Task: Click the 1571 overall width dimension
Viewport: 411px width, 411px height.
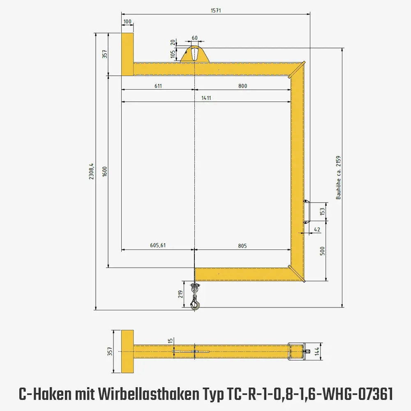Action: click(216, 11)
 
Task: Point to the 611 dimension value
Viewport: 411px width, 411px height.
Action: click(158, 86)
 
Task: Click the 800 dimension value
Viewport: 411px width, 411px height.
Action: click(242, 86)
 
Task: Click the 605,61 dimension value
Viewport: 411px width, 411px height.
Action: click(158, 246)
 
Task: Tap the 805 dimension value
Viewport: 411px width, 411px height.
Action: click(242, 246)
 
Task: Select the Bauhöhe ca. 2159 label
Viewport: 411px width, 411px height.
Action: click(339, 177)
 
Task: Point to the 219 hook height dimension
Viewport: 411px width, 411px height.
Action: click(180, 294)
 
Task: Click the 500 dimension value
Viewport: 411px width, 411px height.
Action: click(322, 250)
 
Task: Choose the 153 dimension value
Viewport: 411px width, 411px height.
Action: click(322, 211)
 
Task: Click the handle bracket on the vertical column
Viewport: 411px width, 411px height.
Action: click(307, 211)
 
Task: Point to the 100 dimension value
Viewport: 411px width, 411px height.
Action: click(127, 21)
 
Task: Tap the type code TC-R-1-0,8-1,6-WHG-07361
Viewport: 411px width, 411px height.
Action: click(309, 395)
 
